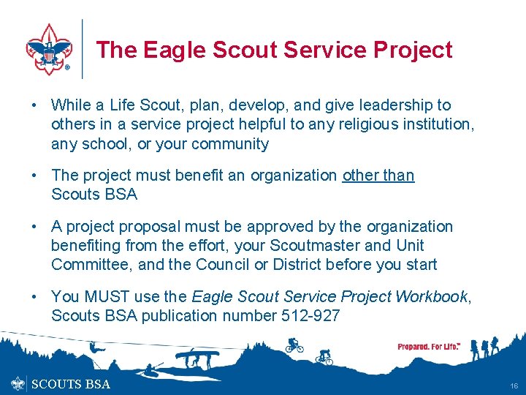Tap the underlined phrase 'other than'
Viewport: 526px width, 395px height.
[x=378, y=176]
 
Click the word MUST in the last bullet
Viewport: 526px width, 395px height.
[x=102, y=296]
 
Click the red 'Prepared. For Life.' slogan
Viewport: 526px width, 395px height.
[x=429, y=347]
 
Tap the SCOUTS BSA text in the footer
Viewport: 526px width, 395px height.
[x=72, y=384]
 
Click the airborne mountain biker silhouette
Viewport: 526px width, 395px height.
[x=294, y=344]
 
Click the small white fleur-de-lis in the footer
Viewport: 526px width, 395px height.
[x=18, y=383]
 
